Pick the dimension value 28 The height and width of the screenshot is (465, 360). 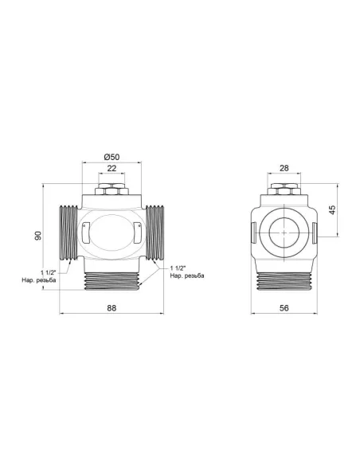click(x=284, y=170)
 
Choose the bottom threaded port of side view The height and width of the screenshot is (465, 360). click(x=284, y=280)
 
